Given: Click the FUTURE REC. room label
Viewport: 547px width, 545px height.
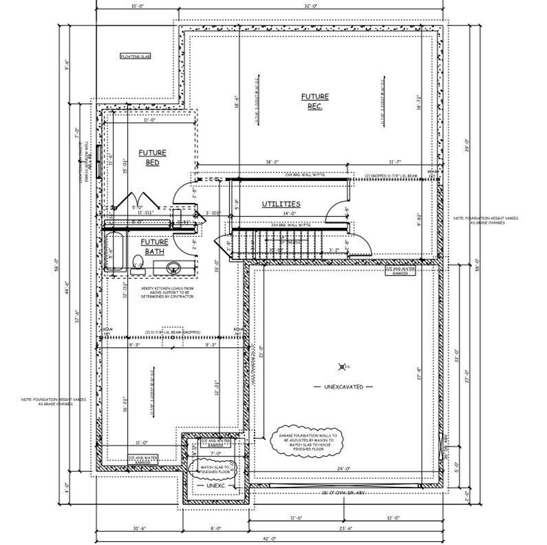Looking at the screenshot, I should click(x=315, y=101).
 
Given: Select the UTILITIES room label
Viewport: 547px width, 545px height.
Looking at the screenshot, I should click(x=280, y=204).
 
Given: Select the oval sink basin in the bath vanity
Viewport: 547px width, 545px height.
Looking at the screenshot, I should click(x=172, y=267).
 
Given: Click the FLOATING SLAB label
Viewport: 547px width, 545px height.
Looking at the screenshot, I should click(x=135, y=56).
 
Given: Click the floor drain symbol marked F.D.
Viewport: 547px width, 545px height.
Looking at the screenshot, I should click(x=342, y=366).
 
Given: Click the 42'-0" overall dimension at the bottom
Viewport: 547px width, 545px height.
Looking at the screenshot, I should click(x=273, y=539).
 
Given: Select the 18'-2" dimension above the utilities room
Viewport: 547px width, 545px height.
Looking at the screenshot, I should click(x=272, y=161).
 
